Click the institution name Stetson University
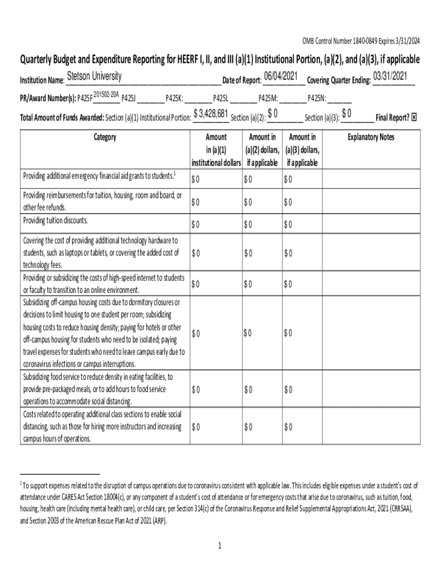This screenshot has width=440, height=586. [x=94, y=77]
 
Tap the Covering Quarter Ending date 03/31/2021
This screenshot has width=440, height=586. [x=390, y=77]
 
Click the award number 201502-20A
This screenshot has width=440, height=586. [x=105, y=94]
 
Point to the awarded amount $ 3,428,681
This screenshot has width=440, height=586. [x=211, y=114]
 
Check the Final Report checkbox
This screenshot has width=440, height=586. [x=414, y=117]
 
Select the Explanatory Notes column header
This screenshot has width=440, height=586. [x=371, y=137]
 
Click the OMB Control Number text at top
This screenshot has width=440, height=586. [x=361, y=40]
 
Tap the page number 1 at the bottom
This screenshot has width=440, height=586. [x=219, y=546]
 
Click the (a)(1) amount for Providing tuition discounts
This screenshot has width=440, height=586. [x=195, y=224]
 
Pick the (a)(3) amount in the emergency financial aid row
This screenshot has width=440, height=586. [x=288, y=180]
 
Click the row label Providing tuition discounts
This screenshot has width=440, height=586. [x=55, y=220]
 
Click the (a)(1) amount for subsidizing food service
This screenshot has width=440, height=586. [x=195, y=390]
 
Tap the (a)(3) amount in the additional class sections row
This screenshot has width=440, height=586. [x=288, y=427]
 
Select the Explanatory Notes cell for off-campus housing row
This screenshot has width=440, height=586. [x=371, y=332]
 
